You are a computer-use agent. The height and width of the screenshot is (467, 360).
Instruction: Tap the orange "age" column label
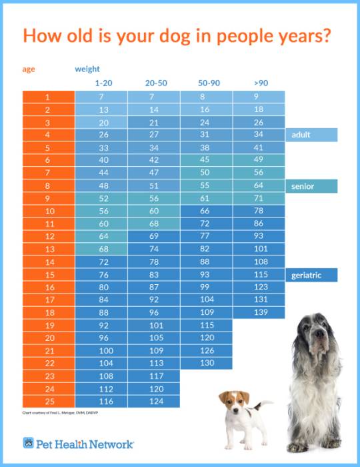[x=29, y=69]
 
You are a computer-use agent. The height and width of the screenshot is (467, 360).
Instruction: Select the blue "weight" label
[x=87, y=69]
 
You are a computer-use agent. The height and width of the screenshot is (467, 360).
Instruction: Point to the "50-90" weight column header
[x=207, y=83]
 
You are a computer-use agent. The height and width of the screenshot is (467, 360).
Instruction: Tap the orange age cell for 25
[x=47, y=401]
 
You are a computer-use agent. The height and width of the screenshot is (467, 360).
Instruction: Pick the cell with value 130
[x=207, y=363]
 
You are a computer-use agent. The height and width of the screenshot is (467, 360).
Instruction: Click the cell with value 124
[x=155, y=401]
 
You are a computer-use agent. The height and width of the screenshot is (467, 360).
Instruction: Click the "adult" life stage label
[x=311, y=135]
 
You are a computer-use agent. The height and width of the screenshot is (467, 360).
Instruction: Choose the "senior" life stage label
[x=311, y=186]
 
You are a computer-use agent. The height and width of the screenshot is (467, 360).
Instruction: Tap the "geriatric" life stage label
[x=311, y=275]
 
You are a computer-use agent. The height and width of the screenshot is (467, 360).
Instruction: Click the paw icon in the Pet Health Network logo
[x=29, y=443]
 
